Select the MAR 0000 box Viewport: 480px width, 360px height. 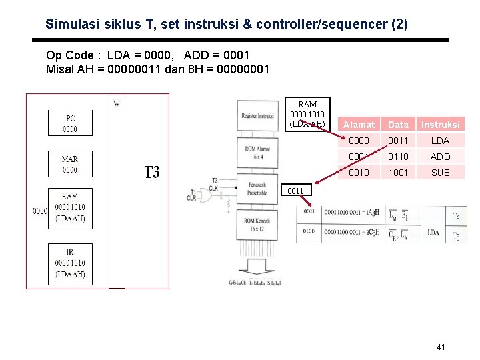(x=70, y=165)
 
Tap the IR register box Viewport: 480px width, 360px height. (x=70, y=263)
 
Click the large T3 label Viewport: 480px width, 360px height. (x=152, y=173)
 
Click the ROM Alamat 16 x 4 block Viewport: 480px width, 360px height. (x=257, y=153)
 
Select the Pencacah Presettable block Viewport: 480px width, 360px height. (x=257, y=189)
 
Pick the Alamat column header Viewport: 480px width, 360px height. (x=359, y=125)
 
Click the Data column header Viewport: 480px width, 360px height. (x=398, y=125)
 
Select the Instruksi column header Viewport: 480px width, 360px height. (x=440, y=125)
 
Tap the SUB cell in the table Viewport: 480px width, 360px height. (x=440, y=173)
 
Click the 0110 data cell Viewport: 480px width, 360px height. (x=398, y=157)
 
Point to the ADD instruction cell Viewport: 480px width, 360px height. (x=440, y=157)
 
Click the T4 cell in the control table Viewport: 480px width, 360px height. (x=455, y=216)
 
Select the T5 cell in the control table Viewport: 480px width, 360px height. (x=455, y=235)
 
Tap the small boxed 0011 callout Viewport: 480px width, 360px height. (x=296, y=191)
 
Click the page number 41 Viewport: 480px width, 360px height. (x=440, y=347)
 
